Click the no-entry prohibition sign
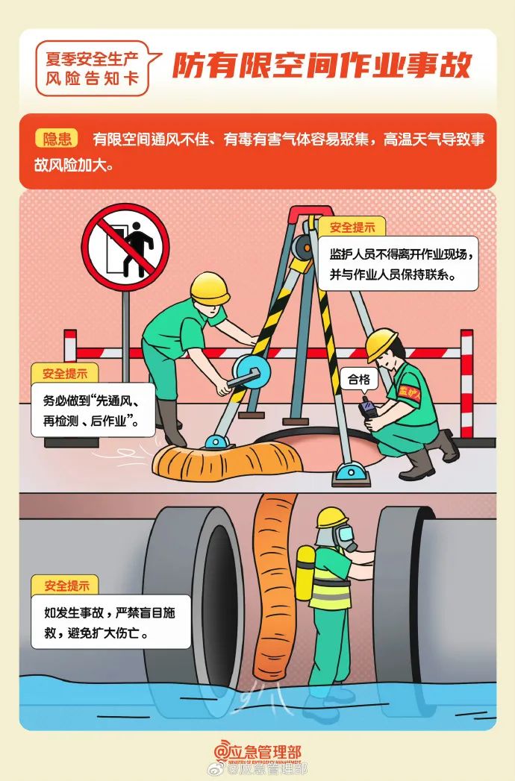125,247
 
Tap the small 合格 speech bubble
359,380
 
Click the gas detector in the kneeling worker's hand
367,409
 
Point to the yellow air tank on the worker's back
305,572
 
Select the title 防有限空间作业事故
322,67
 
